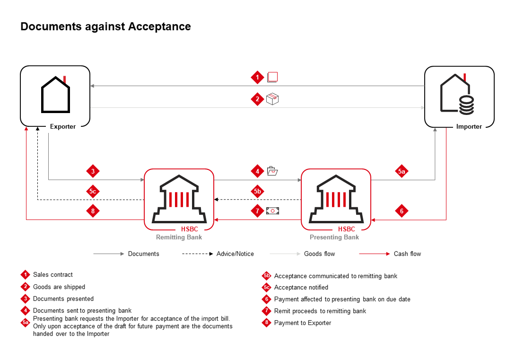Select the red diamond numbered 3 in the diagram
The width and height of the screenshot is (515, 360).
93,171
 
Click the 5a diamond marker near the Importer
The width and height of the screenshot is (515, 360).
402,172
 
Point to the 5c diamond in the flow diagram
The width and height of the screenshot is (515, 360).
93,192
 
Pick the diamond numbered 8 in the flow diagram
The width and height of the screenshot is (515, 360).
93,211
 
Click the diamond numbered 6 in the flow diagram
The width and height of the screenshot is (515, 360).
402,211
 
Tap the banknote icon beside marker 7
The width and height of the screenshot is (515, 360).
273,211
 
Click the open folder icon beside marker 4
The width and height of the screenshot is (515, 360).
272,171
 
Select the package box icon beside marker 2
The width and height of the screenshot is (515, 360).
272,98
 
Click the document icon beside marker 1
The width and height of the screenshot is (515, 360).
272,77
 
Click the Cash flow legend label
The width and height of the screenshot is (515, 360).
407,254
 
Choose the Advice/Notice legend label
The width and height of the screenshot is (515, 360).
235,254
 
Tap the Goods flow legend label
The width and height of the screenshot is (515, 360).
319,254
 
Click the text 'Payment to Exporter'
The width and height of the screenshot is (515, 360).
303,323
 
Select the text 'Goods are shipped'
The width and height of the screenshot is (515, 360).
59,287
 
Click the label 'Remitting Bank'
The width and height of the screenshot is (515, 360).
179,237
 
